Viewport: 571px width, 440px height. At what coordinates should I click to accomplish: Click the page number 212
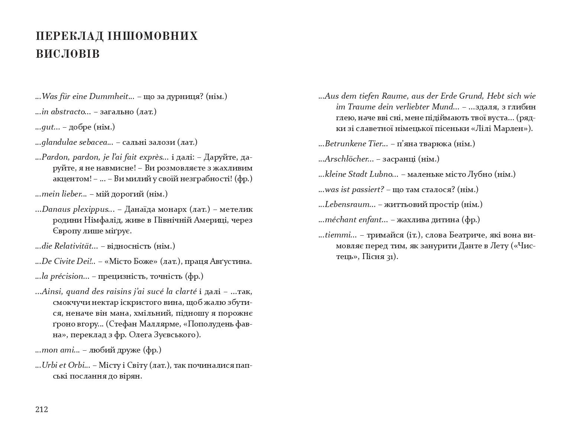42,409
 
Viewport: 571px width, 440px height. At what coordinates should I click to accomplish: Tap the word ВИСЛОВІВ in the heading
68,54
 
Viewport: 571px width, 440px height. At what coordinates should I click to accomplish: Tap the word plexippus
91,209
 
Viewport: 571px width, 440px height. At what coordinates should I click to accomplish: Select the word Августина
233,261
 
